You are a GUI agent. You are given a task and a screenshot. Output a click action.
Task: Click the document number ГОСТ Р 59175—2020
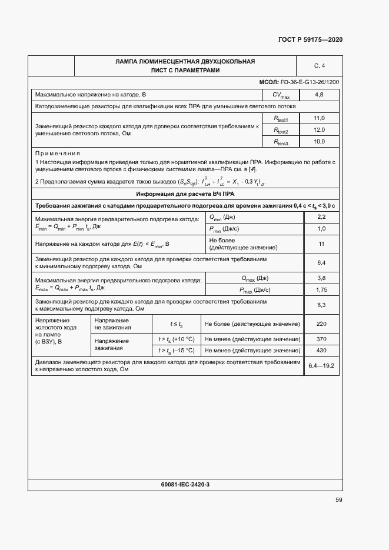(310, 39)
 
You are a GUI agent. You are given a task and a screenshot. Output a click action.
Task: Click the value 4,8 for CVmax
(320, 94)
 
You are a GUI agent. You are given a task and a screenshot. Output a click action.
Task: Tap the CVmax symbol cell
(281, 95)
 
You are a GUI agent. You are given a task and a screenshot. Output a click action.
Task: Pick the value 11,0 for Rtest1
(320, 118)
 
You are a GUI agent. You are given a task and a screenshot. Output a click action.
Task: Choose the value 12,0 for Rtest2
(320, 130)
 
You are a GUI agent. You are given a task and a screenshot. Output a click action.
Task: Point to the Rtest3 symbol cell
(281, 142)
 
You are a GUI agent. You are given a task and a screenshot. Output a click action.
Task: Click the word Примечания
(58, 152)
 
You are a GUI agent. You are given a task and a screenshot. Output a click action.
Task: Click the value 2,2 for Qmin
(321, 217)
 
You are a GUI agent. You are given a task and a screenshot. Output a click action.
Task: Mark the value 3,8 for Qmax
(321, 278)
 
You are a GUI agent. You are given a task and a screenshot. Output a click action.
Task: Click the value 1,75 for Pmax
(321, 289)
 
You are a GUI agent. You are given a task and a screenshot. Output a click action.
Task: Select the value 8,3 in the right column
(321, 305)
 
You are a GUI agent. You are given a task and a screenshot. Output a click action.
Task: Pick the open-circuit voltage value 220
(321, 324)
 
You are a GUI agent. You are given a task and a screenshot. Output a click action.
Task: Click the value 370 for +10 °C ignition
(321, 339)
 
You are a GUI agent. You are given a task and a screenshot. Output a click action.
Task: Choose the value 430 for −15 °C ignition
(321, 351)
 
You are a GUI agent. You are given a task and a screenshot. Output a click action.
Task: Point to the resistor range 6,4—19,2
(321, 365)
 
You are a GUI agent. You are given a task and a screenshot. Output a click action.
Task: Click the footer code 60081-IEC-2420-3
(185, 484)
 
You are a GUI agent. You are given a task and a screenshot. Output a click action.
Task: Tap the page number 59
(338, 500)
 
